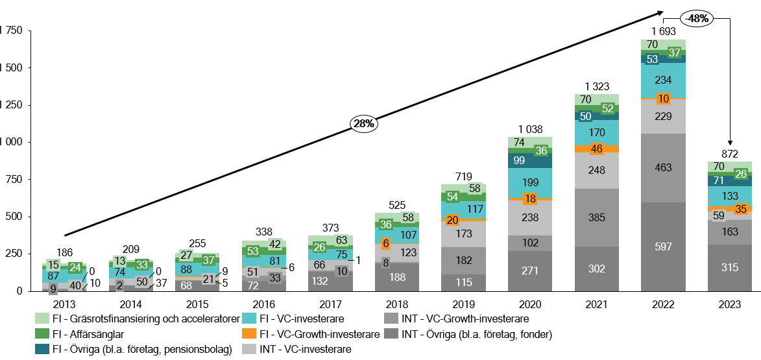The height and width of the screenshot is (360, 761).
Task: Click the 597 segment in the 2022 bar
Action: [663, 247]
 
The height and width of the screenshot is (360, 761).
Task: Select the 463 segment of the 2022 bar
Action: [663, 167]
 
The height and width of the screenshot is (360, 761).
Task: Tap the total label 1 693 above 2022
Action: [663, 31]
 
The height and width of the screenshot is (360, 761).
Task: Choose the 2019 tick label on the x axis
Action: [463, 304]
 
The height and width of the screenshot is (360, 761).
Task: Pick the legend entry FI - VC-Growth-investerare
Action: [318, 334]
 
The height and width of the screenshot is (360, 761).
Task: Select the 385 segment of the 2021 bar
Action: [596, 217]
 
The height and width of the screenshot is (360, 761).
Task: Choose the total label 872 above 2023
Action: [729, 153]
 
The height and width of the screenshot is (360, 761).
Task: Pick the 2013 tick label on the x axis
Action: [64, 304]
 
